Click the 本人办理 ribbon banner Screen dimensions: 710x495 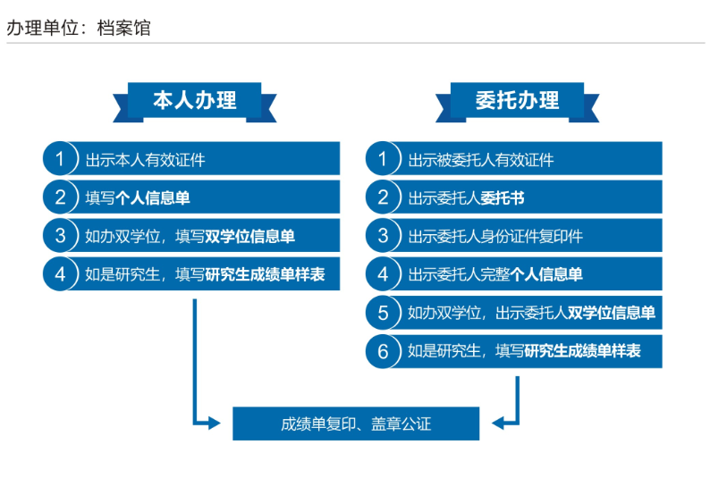195,101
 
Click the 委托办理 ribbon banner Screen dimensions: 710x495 517,101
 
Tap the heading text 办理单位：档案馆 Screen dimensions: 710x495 79,28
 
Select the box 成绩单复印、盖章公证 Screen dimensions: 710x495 356,424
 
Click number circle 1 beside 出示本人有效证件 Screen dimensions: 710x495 60,158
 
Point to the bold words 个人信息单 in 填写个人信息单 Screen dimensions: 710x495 153,197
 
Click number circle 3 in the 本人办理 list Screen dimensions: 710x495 60,235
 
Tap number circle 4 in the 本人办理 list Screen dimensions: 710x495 60,273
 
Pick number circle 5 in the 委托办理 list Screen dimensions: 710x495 383,312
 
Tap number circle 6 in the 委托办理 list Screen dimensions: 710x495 383,351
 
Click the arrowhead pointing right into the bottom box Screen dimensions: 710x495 214,424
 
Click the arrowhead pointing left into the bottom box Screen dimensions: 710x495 499,424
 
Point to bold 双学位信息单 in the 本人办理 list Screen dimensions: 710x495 250,236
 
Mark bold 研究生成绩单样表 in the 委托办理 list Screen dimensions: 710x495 583,350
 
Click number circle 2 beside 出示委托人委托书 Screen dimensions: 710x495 383,197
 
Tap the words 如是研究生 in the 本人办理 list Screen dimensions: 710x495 123,274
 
